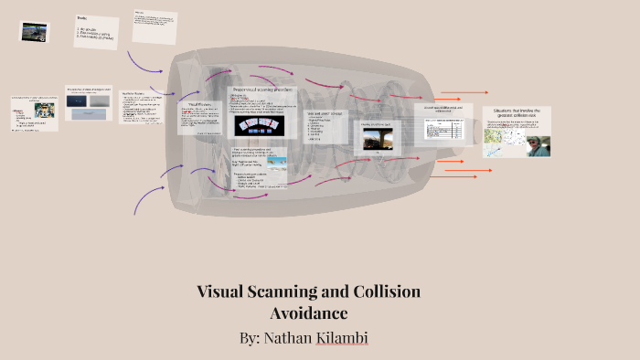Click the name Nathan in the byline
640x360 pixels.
point(293,338)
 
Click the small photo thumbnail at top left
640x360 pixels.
point(34,32)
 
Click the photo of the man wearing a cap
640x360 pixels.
point(538,145)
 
